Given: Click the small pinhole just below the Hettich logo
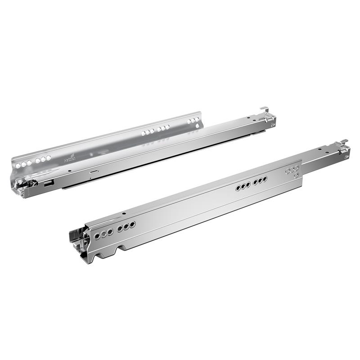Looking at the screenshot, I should tap(68, 171).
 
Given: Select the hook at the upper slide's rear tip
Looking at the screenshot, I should tap(265, 108).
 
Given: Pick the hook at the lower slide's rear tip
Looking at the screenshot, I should tap(344, 142).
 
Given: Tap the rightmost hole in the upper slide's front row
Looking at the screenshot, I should tap(49, 157).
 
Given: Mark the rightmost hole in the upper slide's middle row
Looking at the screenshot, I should tap(168, 127).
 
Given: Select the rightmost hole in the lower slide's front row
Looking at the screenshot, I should tap(133, 225).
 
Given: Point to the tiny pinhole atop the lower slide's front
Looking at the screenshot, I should tap(123, 214).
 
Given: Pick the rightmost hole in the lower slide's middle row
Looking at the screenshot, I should tap(265, 179).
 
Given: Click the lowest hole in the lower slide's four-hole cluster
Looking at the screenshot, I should tap(296, 175).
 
